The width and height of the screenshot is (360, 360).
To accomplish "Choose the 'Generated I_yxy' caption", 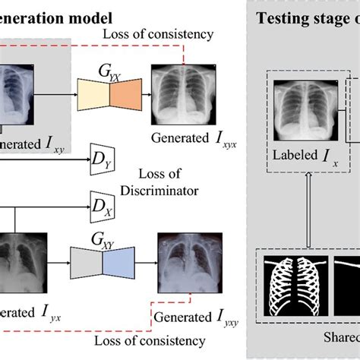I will click(x=191, y=314).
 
